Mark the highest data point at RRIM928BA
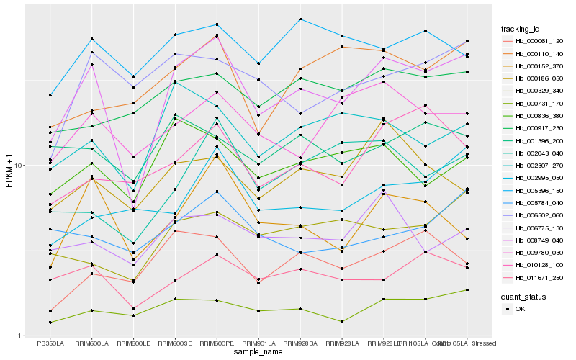pos(300,19)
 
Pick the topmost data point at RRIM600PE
pos(217,25)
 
